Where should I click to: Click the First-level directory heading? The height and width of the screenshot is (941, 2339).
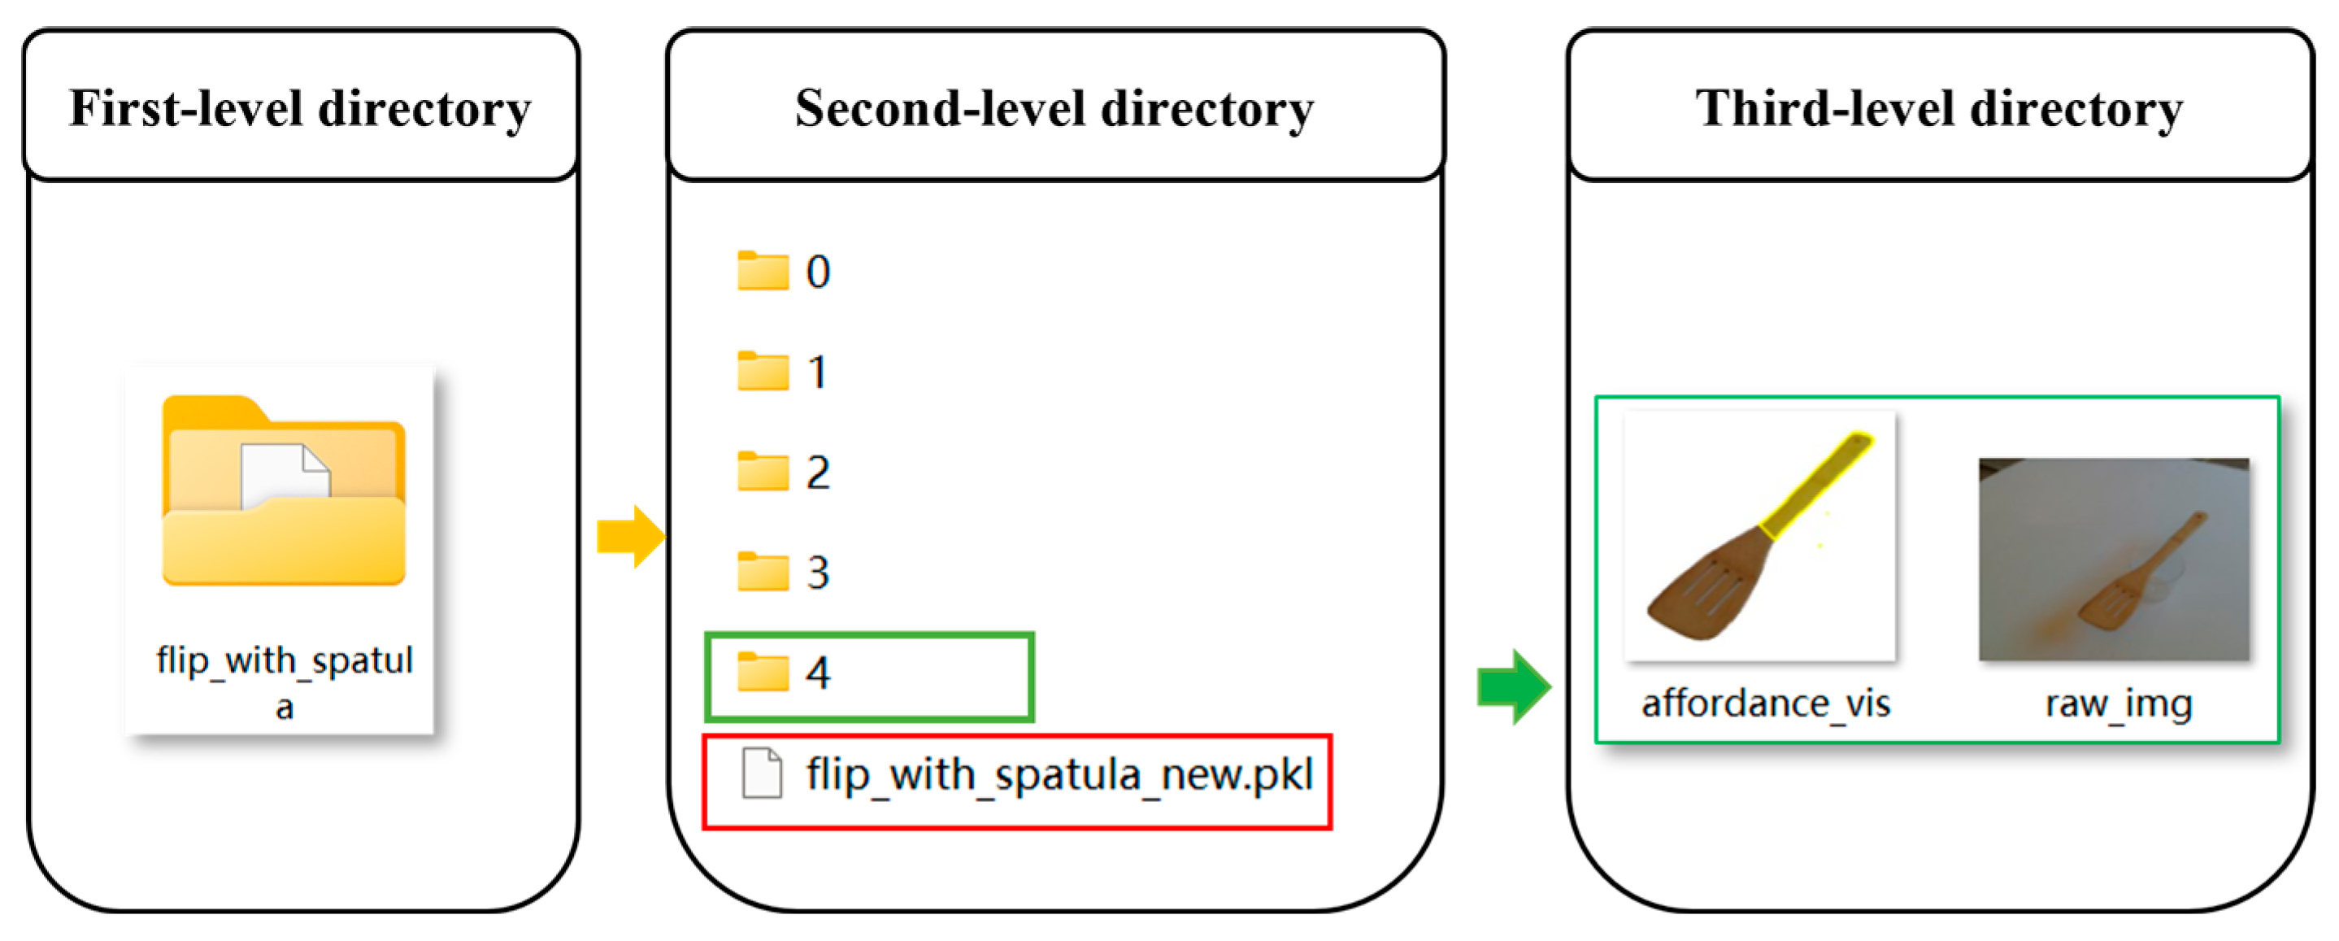pos(301,109)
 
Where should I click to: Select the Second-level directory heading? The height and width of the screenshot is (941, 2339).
pos(1054,109)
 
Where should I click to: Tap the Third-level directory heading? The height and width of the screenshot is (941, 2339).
pos(1940,109)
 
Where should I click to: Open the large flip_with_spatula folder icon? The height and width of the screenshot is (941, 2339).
pos(283,490)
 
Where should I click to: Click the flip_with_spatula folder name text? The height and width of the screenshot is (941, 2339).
pos(285,682)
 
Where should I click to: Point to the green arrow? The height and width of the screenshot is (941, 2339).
pos(1514,686)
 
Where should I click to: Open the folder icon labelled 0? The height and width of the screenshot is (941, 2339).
pos(763,271)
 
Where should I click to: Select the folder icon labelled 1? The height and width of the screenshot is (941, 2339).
pos(763,371)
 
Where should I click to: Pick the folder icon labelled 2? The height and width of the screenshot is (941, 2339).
pos(763,472)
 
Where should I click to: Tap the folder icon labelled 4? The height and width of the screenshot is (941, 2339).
pos(763,672)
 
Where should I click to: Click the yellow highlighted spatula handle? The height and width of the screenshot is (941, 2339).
pos(1816,486)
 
